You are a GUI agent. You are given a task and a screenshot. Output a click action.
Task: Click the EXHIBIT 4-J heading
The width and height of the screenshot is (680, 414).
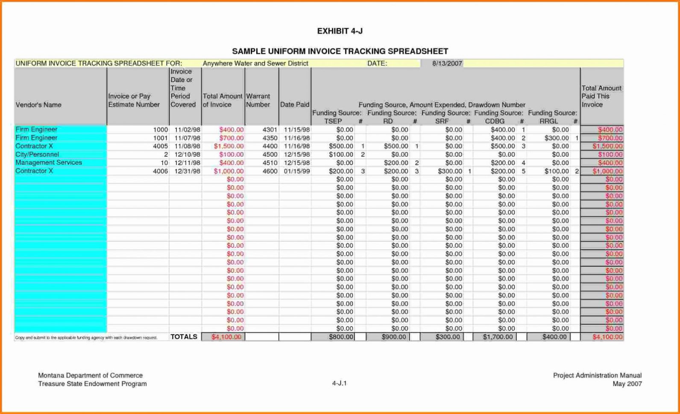click(x=340, y=31)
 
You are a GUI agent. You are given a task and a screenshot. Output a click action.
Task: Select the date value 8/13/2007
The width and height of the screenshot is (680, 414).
click(x=447, y=64)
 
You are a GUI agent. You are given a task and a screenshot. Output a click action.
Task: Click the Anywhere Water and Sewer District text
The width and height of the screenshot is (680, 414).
click(x=255, y=64)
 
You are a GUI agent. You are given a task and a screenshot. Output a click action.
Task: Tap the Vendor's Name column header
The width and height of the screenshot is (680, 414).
click(x=38, y=105)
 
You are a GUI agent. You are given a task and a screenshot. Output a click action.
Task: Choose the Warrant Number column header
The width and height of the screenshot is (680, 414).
click(x=258, y=100)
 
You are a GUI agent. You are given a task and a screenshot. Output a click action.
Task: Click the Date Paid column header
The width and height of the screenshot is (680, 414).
click(x=294, y=105)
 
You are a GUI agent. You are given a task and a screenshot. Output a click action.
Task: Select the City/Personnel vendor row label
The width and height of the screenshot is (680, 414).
click(x=37, y=155)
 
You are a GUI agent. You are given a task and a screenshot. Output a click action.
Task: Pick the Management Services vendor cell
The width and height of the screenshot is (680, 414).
click(x=49, y=163)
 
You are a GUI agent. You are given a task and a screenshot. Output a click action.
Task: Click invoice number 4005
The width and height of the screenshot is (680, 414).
click(x=160, y=146)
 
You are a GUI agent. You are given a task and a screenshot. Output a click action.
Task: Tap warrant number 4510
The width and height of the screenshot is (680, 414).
click(x=270, y=163)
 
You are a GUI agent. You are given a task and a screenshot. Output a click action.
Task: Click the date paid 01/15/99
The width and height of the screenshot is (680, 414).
click(x=297, y=171)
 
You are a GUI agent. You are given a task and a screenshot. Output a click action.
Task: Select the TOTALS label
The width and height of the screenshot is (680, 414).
click(x=184, y=337)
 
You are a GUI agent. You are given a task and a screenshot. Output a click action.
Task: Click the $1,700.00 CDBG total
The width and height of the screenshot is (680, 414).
click(x=498, y=337)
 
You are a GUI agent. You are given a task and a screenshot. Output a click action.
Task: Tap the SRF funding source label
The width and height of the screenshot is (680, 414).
click(x=442, y=121)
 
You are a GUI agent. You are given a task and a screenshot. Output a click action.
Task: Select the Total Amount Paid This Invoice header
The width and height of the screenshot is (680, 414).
click(x=601, y=96)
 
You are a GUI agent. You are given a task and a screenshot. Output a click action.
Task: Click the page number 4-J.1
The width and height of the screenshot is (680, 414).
click(x=339, y=383)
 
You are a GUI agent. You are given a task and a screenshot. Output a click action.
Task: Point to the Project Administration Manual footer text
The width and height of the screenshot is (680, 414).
click(x=597, y=376)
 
